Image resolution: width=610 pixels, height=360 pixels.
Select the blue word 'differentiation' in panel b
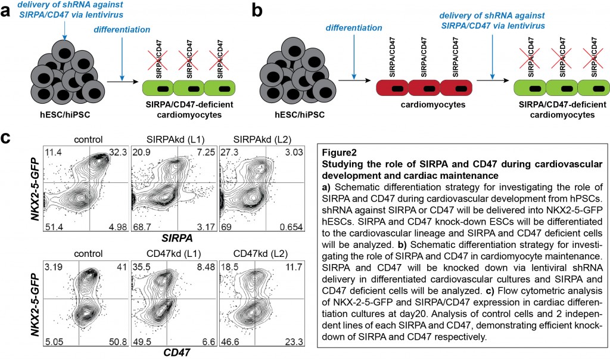tap(353, 27)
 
